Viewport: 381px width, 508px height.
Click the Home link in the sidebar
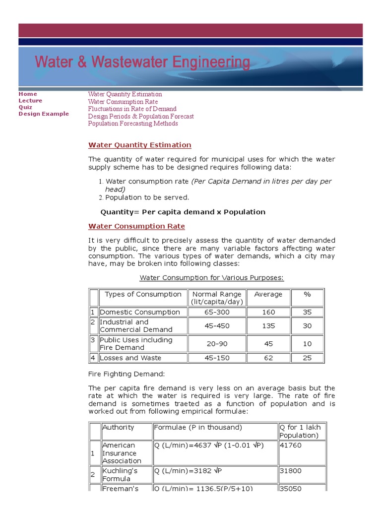pos(28,94)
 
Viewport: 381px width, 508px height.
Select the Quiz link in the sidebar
pos(25,107)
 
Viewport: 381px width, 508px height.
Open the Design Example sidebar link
pos(44,114)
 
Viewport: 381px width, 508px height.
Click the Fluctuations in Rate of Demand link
pos(132,109)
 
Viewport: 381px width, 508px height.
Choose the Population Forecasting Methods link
pos(133,124)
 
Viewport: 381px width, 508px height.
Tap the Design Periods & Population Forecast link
pos(141,116)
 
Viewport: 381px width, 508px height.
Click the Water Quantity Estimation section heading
pos(139,145)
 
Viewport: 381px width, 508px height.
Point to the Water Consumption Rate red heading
pos(136,226)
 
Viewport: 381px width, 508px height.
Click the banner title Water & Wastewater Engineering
pos(142,63)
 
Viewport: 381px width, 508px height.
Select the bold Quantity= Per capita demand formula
pos(183,212)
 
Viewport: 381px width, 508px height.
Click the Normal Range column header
pos(217,298)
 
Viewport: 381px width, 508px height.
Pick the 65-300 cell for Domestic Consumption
pos(217,312)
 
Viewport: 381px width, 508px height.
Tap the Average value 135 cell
pos(268,326)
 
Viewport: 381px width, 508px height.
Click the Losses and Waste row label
pos(130,358)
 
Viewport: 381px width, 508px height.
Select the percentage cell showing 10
pos(307,344)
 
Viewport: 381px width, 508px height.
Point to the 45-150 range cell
pos(217,358)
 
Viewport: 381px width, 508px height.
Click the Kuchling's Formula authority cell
pos(120,474)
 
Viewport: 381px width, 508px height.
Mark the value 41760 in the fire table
pos(290,445)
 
